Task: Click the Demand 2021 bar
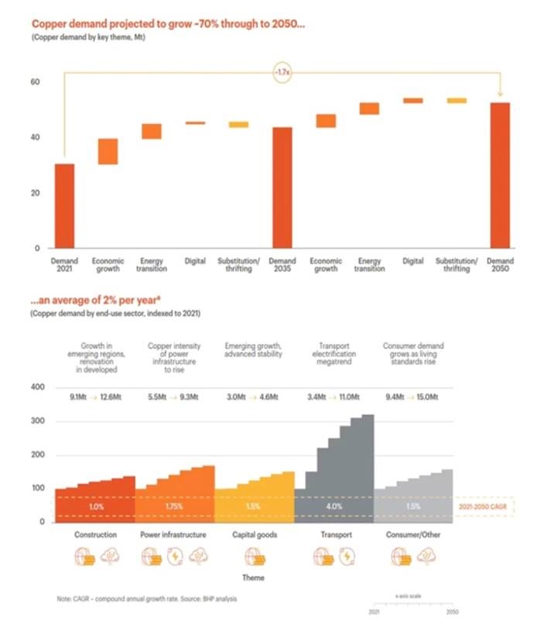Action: [x=63, y=205]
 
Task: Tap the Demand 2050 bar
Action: [x=500, y=175]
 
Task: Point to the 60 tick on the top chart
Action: [x=35, y=82]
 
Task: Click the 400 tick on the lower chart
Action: [x=37, y=386]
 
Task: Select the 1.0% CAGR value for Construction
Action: [x=95, y=507]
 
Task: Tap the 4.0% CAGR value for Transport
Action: [x=335, y=507]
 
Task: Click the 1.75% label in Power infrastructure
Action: [x=175, y=507]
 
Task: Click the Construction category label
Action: [x=95, y=534]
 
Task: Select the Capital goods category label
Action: [x=255, y=534]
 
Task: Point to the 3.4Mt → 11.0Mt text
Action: [x=335, y=397]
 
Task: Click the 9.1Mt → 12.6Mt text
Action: [x=96, y=397]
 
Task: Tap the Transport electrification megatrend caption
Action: [x=335, y=353]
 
